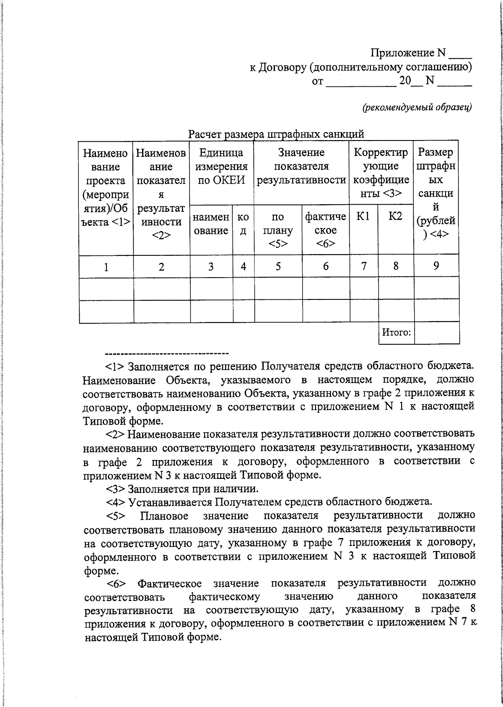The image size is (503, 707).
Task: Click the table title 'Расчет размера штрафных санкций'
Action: (276, 134)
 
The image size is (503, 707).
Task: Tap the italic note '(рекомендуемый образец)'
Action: (417, 107)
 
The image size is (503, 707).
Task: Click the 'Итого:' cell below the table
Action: (396, 333)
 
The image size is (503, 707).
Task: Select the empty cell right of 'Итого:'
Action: (436, 333)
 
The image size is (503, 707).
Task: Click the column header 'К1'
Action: (363, 216)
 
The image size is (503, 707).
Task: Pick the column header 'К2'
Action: (395, 216)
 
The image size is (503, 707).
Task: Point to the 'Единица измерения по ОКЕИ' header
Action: (221, 166)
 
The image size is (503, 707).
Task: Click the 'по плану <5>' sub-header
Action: (278, 230)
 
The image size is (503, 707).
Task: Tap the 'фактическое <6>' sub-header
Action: (326, 230)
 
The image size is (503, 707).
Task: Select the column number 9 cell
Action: (436, 265)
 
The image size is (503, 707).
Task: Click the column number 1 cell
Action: (106, 267)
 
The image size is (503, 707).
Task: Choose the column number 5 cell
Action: (278, 266)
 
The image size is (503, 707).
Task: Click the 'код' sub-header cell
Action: (243, 224)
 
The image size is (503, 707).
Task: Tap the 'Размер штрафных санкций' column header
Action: (436, 193)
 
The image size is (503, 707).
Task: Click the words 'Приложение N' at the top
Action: (408, 53)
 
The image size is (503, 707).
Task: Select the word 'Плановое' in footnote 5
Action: (164, 515)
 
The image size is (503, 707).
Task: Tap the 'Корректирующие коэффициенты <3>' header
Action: (381, 173)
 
